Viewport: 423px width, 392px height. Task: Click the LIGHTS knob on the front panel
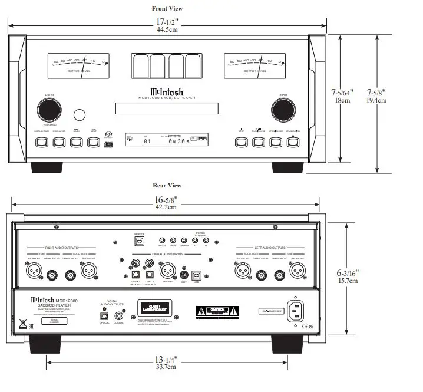[49, 110]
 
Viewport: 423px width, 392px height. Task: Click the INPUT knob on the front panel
[283, 110]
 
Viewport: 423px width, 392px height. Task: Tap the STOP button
[241, 142]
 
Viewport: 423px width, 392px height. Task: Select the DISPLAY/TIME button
[41, 142]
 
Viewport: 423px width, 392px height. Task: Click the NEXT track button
[93, 142]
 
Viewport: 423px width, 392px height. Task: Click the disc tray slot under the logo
[167, 108]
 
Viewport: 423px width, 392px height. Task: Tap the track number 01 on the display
[147, 141]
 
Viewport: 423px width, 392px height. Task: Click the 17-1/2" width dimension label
[167, 22]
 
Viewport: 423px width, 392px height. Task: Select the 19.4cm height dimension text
[376, 100]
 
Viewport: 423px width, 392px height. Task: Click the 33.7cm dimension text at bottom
[167, 367]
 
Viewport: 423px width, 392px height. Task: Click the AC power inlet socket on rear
[296, 313]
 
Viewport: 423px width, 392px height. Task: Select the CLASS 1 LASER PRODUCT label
[155, 308]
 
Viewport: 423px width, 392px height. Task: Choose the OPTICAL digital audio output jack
[104, 315]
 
